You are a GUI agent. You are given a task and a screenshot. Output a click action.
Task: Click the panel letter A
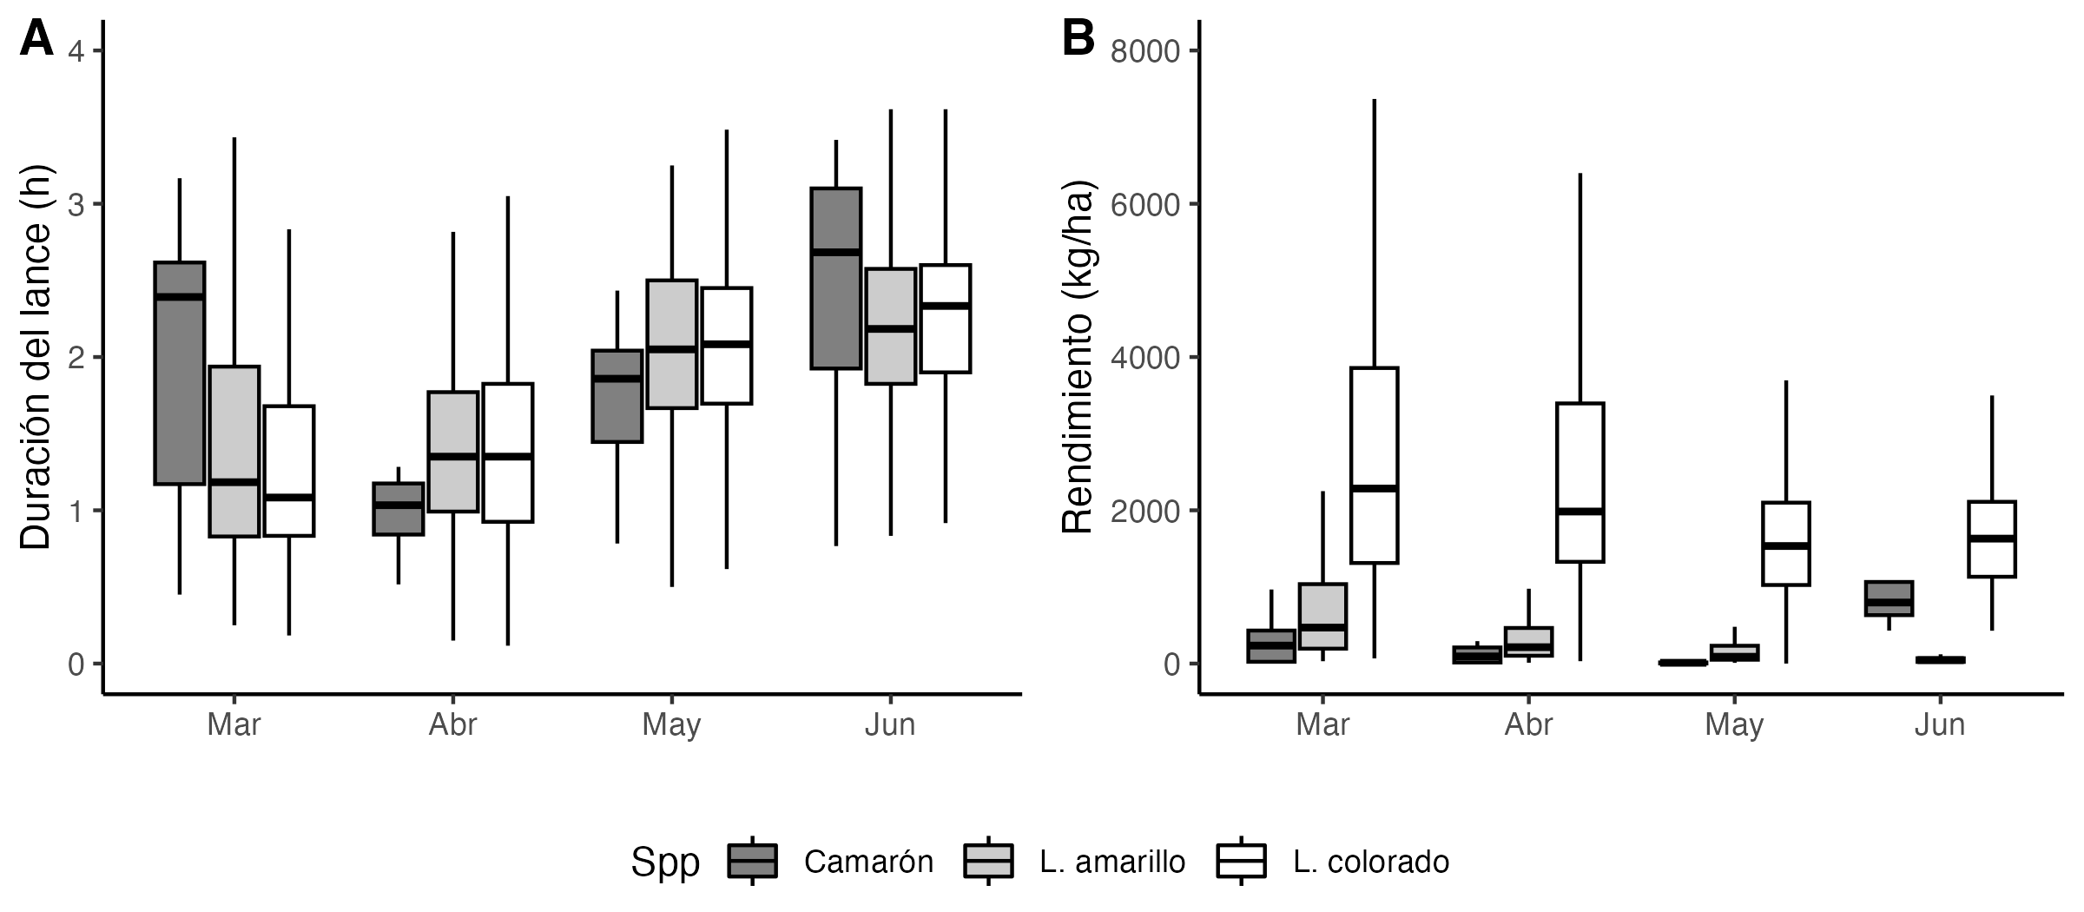click(x=36, y=39)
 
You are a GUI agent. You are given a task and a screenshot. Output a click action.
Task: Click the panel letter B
click(x=1078, y=39)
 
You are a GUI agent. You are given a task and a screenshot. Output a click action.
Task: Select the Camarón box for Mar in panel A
click(x=180, y=373)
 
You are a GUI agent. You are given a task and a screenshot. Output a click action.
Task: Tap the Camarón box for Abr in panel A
click(x=399, y=509)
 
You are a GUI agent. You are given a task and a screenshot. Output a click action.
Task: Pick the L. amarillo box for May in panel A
click(x=672, y=344)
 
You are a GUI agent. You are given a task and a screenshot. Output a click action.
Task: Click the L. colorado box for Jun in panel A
click(x=946, y=319)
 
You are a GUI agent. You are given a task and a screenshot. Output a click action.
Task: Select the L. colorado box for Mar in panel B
click(x=1374, y=466)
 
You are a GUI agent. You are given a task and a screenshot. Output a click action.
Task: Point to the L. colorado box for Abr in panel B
click(x=1580, y=483)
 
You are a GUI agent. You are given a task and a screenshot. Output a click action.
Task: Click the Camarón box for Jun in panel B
click(x=1889, y=598)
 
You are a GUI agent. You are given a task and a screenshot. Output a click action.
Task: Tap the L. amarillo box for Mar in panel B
click(x=1322, y=616)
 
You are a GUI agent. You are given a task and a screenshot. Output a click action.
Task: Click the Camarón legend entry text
click(x=868, y=862)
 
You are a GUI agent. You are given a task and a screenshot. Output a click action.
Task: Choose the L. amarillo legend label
click(x=1112, y=862)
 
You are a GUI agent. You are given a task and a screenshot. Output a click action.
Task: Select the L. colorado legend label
click(x=1371, y=862)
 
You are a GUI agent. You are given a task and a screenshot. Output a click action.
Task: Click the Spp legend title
click(x=665, y=862)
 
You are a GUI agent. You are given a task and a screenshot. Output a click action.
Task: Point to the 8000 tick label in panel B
click(x=1145, y=51)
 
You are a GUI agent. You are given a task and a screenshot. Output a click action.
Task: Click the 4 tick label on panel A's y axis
click(x=76, y=51)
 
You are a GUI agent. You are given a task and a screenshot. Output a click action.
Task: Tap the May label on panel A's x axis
click(x=671, y=724)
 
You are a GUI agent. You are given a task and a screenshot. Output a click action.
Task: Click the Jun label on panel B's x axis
click(x=1940, y=724)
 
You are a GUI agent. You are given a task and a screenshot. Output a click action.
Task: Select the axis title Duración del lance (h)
click(x=36, y=357)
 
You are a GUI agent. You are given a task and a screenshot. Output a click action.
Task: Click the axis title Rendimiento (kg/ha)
click(x=1078, y=357)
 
